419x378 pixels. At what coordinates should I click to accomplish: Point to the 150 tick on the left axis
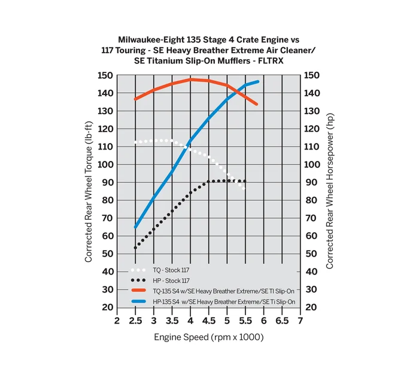pyautogui.click(x=105, y=75)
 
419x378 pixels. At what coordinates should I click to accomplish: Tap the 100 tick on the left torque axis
pyautogui.click(x=105, y=164)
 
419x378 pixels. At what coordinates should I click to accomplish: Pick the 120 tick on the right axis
pyautogui.click(x=312, y=129)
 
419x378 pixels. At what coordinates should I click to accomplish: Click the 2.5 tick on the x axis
pyautogui.click(x=136, y=321)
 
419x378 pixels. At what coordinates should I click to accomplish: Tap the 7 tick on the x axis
pyautogui.click(x=300, y=321)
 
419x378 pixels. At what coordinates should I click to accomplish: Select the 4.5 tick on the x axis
pyautogui.click(x=209, y=321)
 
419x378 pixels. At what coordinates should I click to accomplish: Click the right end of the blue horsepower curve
pyautogui.click(x=258, y=81)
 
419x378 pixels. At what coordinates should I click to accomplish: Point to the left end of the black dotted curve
pyautogui.click(x=136, y=248)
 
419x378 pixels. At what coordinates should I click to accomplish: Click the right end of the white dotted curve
pyautogui.click(x=244, y=188)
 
